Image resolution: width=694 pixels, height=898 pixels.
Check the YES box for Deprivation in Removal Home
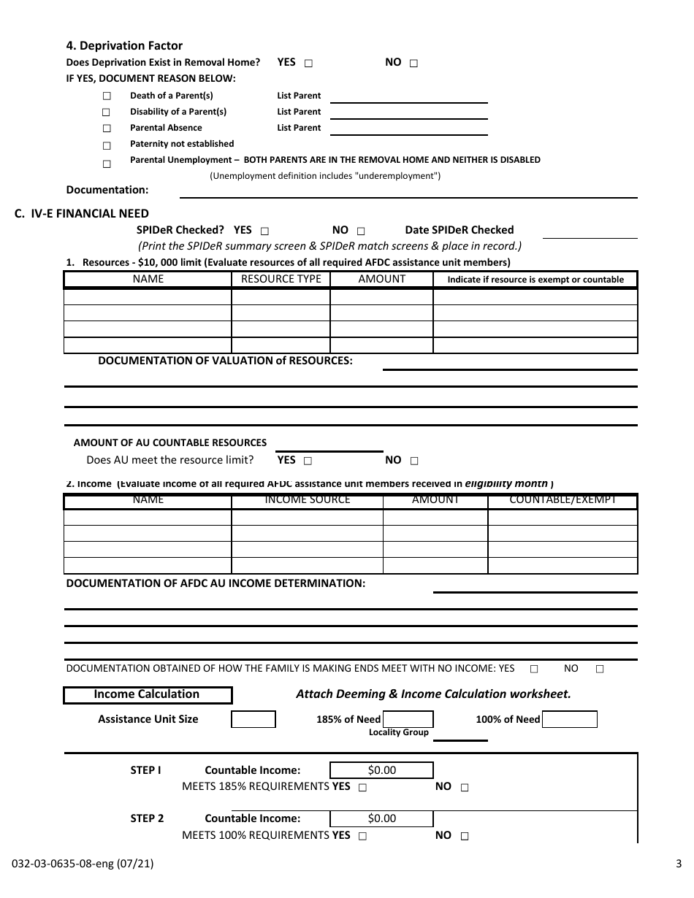click(308, 64)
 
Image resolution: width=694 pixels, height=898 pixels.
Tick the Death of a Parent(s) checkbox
click(107, 96)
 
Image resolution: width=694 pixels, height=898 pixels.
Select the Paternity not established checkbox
click(107, 145)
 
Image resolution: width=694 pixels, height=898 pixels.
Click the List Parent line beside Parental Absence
click(409, 128)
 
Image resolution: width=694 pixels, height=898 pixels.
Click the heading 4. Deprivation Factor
click(124, 46)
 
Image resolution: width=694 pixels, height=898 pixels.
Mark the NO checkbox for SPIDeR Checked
click(361, 231)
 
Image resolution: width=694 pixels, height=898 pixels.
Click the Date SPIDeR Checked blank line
click(590, 231)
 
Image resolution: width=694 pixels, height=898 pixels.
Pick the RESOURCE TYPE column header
click(281, 280)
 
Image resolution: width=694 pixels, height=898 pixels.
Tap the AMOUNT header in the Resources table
click(381, 280)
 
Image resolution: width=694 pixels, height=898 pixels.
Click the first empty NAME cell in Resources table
click(148, 296)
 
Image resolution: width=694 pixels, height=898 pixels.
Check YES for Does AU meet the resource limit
click(308, 461)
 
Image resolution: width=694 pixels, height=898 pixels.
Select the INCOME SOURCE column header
click(307, 501)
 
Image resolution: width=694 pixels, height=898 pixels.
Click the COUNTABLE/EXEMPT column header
click(563, 501)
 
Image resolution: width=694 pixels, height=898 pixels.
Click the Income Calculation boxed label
click(148, 694)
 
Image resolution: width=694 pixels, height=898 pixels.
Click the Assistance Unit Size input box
click(253, 720)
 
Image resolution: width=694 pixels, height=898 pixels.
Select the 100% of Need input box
click(570, 720)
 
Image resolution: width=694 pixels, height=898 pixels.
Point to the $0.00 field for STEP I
click(381, 770)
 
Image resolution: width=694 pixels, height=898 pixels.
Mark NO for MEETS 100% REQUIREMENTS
click(465, 837)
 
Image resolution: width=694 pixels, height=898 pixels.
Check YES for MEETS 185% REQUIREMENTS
click(363, 788)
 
